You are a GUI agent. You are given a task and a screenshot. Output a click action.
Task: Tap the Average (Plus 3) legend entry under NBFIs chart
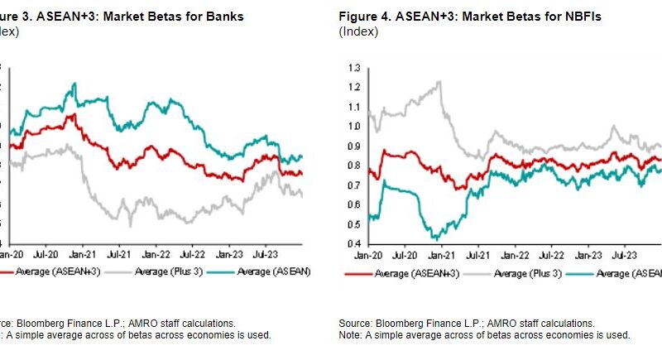coord(523,272)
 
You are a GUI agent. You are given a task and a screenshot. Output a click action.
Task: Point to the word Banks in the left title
coord(223,17)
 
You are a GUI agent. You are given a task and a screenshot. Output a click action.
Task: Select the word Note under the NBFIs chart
coord(349,334)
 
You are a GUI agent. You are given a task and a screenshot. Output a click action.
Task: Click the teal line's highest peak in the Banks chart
coord(74,83)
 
